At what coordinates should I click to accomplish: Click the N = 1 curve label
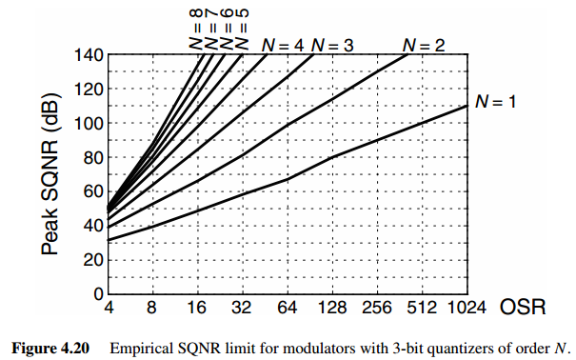[x=495, y=102]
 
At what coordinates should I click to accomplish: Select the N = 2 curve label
[x=424, y=44]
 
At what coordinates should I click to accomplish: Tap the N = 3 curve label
[x=333, y=44]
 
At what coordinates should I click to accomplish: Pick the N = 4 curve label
[x=283, y=44]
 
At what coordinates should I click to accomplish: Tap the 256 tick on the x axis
[x=377, y=309]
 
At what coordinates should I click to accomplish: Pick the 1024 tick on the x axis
[x=467, y=309]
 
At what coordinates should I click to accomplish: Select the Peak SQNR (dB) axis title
[x=50, y=175]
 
